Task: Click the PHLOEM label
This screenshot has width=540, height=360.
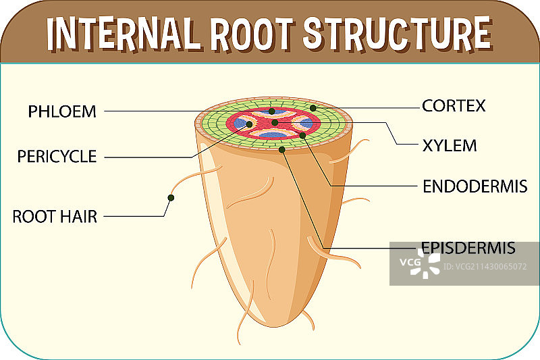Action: (x=62, y=111)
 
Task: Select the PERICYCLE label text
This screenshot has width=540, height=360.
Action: (x=57, y=157)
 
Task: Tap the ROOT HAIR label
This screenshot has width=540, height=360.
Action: (x=55, y=217)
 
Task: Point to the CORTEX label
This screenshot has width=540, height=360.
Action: (x=454, y=106)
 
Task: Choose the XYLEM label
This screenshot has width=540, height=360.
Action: (x=450, y=145)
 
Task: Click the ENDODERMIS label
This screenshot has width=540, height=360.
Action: (x=475, y=186)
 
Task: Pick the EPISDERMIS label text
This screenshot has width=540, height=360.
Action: (x=468, y=248)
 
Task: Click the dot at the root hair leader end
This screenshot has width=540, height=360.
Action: (x=171, y=198)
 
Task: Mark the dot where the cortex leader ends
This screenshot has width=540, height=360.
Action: (x=313, y=107)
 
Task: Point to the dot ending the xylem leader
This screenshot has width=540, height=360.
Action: (x=275, y=123)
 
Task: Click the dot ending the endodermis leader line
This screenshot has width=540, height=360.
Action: (x=302, y=136)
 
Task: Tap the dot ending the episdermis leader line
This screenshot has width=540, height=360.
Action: (x=282, y=149)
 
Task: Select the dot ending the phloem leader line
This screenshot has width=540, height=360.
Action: (x=271, y=111)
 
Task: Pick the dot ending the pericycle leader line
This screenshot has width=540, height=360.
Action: (x=249, y=124)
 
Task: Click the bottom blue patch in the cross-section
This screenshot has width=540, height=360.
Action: (x=273, y=136)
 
